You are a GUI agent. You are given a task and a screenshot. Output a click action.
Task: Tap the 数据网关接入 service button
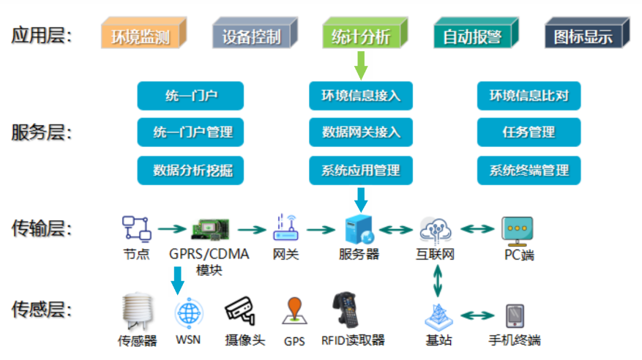pos(360,132)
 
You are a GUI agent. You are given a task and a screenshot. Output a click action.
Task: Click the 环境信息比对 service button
pos(529,95)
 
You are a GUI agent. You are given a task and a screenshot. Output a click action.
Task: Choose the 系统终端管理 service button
pos(529,170)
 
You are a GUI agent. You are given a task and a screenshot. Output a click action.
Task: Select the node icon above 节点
pos(136,229)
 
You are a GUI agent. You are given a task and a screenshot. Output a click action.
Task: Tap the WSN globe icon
pos(187,313)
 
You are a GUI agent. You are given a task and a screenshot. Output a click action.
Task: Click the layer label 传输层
pos(42,230)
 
